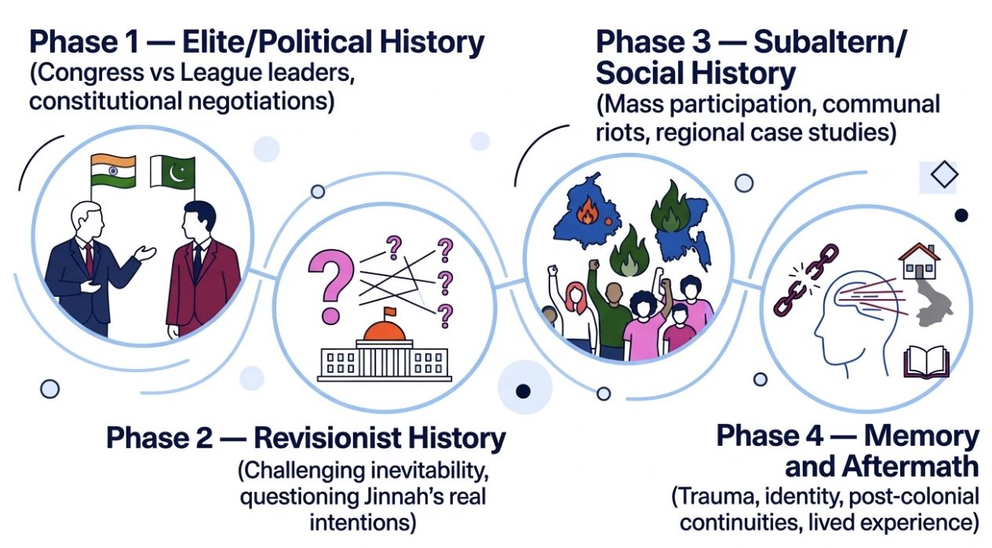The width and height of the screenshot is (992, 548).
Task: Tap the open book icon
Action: tap(926, 364)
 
